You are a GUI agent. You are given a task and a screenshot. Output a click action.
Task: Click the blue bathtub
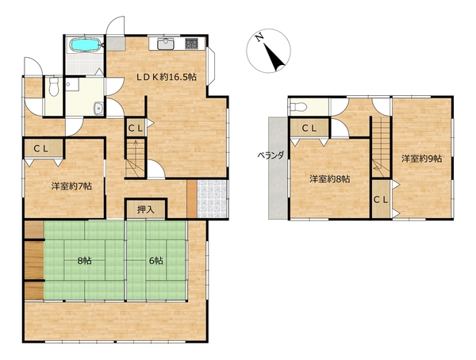pos(86,45)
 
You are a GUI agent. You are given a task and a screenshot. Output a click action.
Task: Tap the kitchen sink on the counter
pos(166,44)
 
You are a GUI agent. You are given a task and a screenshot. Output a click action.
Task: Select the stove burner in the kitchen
pos(191,44)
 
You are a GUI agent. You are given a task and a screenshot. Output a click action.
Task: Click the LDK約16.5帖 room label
pos(166,77)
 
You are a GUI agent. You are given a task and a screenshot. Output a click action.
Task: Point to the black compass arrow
pos(274,57)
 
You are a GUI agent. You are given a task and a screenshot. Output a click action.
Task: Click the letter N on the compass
pos(259,37)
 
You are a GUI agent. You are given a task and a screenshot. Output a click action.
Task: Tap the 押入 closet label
pos(146,209)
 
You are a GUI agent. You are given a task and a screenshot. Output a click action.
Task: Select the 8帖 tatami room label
pos(85,260)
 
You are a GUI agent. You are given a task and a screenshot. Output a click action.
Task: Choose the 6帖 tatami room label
pos(156,260)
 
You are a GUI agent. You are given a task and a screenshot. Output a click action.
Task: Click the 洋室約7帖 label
pos(71,186)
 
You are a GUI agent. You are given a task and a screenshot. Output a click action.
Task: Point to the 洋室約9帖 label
pos(422,159)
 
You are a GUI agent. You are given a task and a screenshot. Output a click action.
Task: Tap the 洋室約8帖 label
pos(330,178)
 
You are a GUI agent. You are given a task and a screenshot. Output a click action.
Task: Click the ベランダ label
pos(271,155)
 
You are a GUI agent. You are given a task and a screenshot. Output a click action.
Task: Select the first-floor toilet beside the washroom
pos(54,86)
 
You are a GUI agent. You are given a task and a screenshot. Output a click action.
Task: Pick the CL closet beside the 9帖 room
pos(381,199)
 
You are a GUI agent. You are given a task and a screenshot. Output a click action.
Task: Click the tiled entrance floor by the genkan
pos(212,199)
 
